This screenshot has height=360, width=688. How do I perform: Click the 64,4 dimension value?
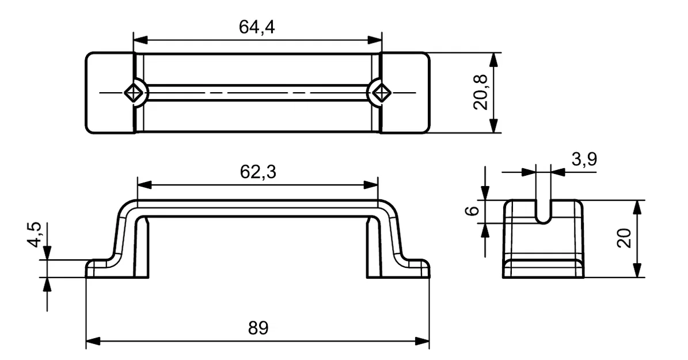click(257, 27)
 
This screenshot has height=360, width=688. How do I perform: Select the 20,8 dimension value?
click(481, 92)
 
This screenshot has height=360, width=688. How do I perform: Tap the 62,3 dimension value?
click(257, 172)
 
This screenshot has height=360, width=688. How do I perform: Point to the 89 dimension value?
click(258, 328)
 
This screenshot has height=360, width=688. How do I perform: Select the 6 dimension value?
click(472, 211)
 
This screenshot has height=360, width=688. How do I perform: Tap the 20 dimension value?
click(624, 238)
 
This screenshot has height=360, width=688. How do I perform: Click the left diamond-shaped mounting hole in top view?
click(134, 92)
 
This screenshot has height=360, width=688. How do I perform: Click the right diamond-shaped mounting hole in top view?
click(380, 92)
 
